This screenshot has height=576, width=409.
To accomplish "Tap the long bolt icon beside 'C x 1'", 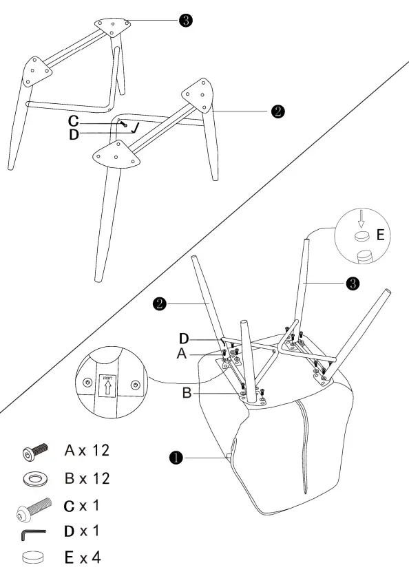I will (x=32, y=508).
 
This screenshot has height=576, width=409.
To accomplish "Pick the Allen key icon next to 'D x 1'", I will (x=34, y=532).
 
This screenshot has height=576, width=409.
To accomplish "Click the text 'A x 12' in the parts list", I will (x=87, y=451).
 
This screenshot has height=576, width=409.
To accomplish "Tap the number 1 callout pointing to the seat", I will (x=176, y=456).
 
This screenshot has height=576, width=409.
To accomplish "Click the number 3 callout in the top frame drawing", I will (x=185, y=21).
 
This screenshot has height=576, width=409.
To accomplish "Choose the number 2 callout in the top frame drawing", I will (x=277, y=110).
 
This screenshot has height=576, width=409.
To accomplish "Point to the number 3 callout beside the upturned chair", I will (x=353, y=283).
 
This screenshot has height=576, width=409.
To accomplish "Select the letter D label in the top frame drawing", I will (x=74, y=135).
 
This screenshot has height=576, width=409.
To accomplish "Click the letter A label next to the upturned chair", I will (x=182, y=353).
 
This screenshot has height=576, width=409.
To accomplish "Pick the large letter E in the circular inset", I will (x=380, y=236).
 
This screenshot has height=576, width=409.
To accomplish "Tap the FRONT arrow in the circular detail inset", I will (x=106, y=387).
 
